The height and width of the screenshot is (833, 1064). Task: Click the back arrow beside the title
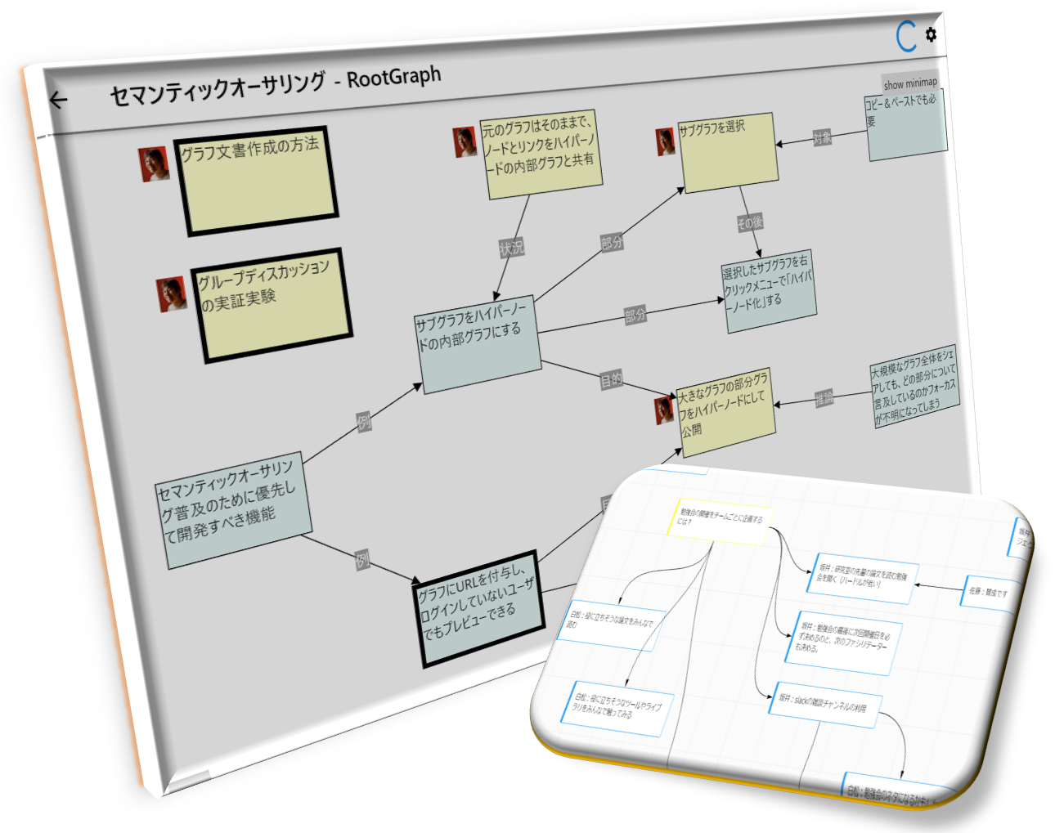[58, 100]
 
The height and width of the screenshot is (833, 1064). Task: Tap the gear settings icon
[931, 34]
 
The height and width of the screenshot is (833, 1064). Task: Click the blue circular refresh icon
[906, 37]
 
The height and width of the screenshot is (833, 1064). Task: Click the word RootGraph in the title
[394, 78]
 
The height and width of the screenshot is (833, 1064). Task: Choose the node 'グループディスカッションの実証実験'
[272, 304]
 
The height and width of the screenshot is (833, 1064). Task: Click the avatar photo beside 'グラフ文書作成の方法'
[154, 163]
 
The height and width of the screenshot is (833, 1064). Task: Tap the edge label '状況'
[511, 248]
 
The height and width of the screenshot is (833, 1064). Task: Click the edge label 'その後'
[749, 222]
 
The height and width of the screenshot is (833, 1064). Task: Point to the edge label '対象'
[822, 137]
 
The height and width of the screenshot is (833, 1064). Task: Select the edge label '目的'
[611, 380]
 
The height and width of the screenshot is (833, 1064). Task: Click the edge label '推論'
[824, 398]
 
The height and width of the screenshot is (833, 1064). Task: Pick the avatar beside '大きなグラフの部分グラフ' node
[664, 410]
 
